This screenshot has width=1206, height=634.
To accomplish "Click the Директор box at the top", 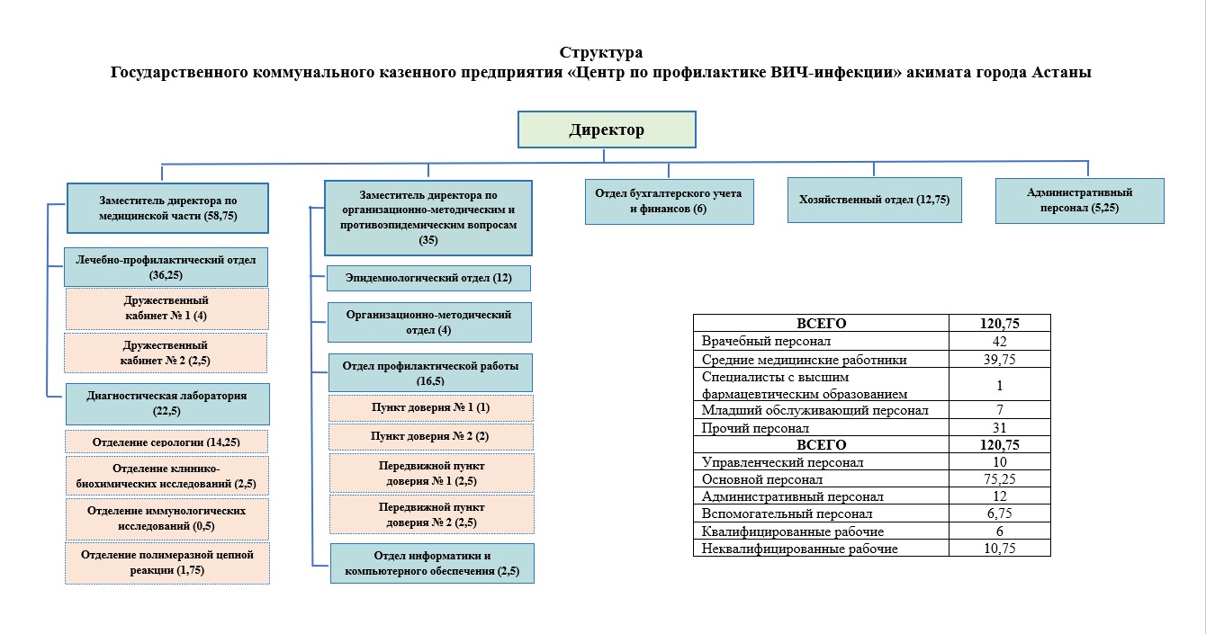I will pyautogui.click(x=607, y=129).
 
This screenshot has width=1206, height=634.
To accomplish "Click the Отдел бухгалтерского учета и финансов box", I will pyautogui.click(x=669, y=201).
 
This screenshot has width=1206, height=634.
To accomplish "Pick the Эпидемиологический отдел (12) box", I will pyautogui.click(x=428, y=278).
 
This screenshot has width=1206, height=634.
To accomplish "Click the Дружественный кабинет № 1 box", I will pyautogui.click(x=167, y=308).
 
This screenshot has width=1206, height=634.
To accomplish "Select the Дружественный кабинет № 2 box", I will pyautogui.click(x=166, y=353).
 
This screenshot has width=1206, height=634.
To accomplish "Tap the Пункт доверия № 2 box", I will pyautogui.click(x=430, y=436).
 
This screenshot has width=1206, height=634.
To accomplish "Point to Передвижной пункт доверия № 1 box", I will pyautogui.click(x=431, y=473).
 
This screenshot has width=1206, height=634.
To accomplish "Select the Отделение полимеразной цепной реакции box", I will pyautogui.click(x=166, y=563).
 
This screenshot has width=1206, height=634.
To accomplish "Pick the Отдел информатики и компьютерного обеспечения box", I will pyautogui.click(x=432, y=563).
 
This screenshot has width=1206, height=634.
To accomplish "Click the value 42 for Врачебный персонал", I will pyautogui.click(x=999, y=342).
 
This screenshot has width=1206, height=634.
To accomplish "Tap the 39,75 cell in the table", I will pyautogui.click(x=999, y=360).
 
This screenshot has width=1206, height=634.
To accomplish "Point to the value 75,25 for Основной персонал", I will pyautogui.click(x=999, y=479).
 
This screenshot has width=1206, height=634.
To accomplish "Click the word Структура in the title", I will pyautogui.click(x=601, y=52).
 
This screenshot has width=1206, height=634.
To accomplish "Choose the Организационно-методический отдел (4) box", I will pyautogui.click(x=428, y=322).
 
